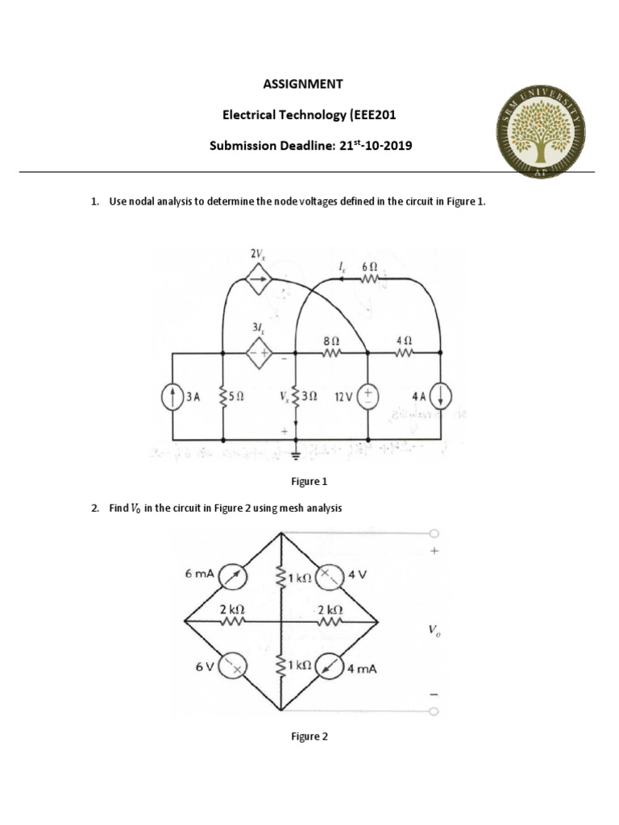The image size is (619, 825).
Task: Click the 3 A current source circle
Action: point(174,396)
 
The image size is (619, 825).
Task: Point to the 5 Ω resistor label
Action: point(237,397)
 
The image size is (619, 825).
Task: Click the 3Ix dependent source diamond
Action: point(258,352)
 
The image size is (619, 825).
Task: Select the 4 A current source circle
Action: point(442,396)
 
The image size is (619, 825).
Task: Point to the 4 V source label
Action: point(357,575)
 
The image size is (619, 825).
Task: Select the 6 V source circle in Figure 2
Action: point(236,667)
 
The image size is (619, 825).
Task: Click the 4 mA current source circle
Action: point(329,667)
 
